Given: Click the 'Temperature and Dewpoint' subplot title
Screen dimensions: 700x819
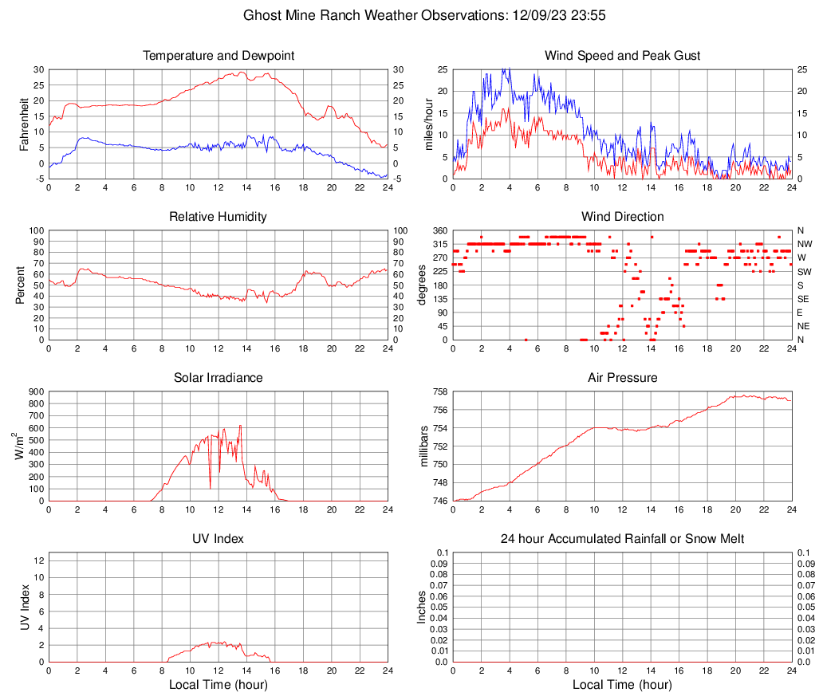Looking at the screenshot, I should [219, 56].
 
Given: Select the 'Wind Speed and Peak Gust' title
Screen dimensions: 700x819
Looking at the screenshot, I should [622, 56].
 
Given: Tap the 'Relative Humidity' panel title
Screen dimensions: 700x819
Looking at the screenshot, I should [219, 217].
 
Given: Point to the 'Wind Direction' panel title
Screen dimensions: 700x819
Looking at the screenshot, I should [622, 217].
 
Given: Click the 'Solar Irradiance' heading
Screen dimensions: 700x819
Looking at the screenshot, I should [219, 378].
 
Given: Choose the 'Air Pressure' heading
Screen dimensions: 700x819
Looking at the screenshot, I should [622, 378].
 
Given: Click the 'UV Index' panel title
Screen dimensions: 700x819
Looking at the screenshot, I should [219, 539].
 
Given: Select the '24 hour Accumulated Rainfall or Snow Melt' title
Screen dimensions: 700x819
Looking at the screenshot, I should [622, 539].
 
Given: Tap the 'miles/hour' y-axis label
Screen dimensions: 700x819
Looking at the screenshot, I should [429, 124].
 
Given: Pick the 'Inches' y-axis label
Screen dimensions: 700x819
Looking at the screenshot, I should [423, 607].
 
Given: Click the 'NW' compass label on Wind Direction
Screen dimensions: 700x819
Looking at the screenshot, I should [805, 244].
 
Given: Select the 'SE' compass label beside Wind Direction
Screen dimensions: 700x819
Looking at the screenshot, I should [804, 299].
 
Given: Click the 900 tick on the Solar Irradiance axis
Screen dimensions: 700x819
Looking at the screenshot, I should [35, 391].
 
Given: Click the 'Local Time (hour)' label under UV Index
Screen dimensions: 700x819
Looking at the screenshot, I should [219, 685].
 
